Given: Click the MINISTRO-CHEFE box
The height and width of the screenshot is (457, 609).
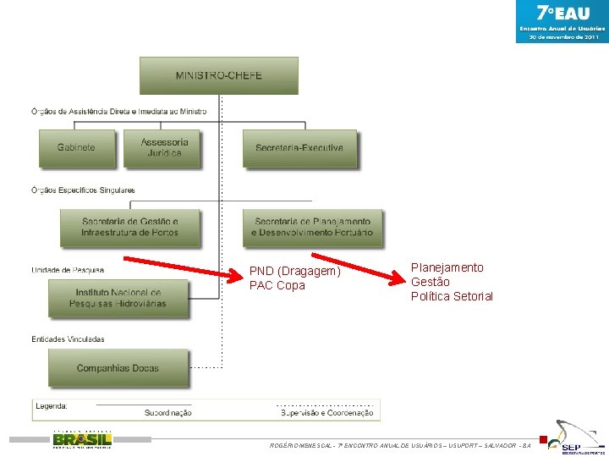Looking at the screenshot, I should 218,74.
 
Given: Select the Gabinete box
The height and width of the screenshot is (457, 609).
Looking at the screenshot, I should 76,147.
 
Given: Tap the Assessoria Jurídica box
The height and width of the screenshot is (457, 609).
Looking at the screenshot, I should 164,147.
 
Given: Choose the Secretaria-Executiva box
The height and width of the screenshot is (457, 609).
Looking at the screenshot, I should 299,147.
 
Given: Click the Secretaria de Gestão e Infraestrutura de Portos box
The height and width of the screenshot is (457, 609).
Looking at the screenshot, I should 129,227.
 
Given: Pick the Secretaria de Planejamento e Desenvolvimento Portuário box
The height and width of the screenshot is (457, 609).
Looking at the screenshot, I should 311,227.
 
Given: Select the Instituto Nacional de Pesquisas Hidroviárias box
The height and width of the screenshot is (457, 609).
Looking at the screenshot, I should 118,297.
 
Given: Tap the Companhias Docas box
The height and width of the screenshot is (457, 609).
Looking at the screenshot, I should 118,368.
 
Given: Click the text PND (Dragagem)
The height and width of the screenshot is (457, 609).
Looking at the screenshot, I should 295,272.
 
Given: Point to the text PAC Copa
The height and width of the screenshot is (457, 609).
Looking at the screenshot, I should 277,285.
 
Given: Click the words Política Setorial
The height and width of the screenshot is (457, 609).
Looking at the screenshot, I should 452,296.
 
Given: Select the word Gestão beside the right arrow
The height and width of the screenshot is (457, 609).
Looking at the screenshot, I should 430,282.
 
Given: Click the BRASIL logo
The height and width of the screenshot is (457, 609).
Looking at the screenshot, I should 82,439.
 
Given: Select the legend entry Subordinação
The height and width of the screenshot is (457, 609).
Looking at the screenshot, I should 167,413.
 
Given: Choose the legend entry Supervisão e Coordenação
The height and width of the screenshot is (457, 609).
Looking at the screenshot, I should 326,413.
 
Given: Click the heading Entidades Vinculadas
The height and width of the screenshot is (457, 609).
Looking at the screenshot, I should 68,339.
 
